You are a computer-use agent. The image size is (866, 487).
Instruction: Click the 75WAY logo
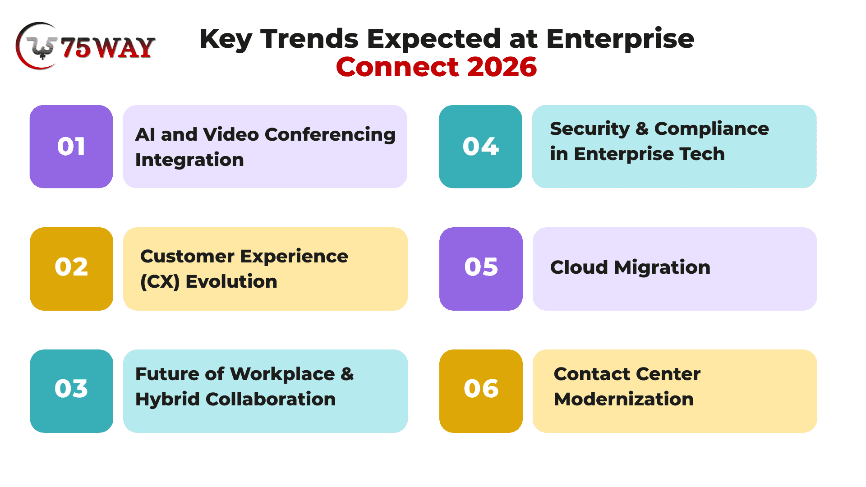[x=86, y=46]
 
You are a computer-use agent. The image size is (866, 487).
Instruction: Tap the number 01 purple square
[x=71, y=147]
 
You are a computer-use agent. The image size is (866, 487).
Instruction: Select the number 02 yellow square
[x=72, y=269]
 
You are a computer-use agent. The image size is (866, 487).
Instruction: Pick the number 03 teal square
[x=72, y=391]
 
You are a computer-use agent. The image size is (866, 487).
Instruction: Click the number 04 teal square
[x=480, y=147]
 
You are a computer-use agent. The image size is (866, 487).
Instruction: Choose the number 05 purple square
[x=481, y=269]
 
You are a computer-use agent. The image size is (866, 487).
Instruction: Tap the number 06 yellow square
[x=481, y=391]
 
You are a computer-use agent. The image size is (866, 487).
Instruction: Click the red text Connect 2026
[x=437, y=67]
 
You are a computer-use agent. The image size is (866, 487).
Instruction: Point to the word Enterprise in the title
[x=621, y=39]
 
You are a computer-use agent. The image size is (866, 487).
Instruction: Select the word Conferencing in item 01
[x=330, y=135]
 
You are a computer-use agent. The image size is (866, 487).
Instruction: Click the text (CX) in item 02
[x=160, y=282]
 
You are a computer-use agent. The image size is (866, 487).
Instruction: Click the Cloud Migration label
[x=630, y=268]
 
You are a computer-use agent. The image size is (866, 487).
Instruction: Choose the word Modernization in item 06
[x=624, y=400]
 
